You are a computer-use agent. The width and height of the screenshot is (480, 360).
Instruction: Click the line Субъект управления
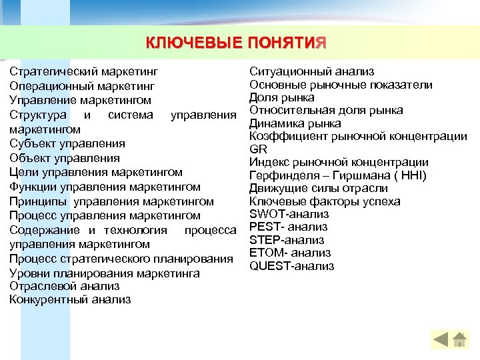67,143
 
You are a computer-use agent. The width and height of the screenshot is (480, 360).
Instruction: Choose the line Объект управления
65,158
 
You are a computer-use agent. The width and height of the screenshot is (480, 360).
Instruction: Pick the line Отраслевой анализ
65,285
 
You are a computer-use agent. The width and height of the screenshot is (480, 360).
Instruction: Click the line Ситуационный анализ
311,71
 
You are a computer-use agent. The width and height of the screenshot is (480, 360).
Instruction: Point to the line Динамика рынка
295,123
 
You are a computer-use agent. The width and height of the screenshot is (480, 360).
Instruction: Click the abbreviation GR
258,149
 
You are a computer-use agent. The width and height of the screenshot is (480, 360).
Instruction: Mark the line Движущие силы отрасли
318,188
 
